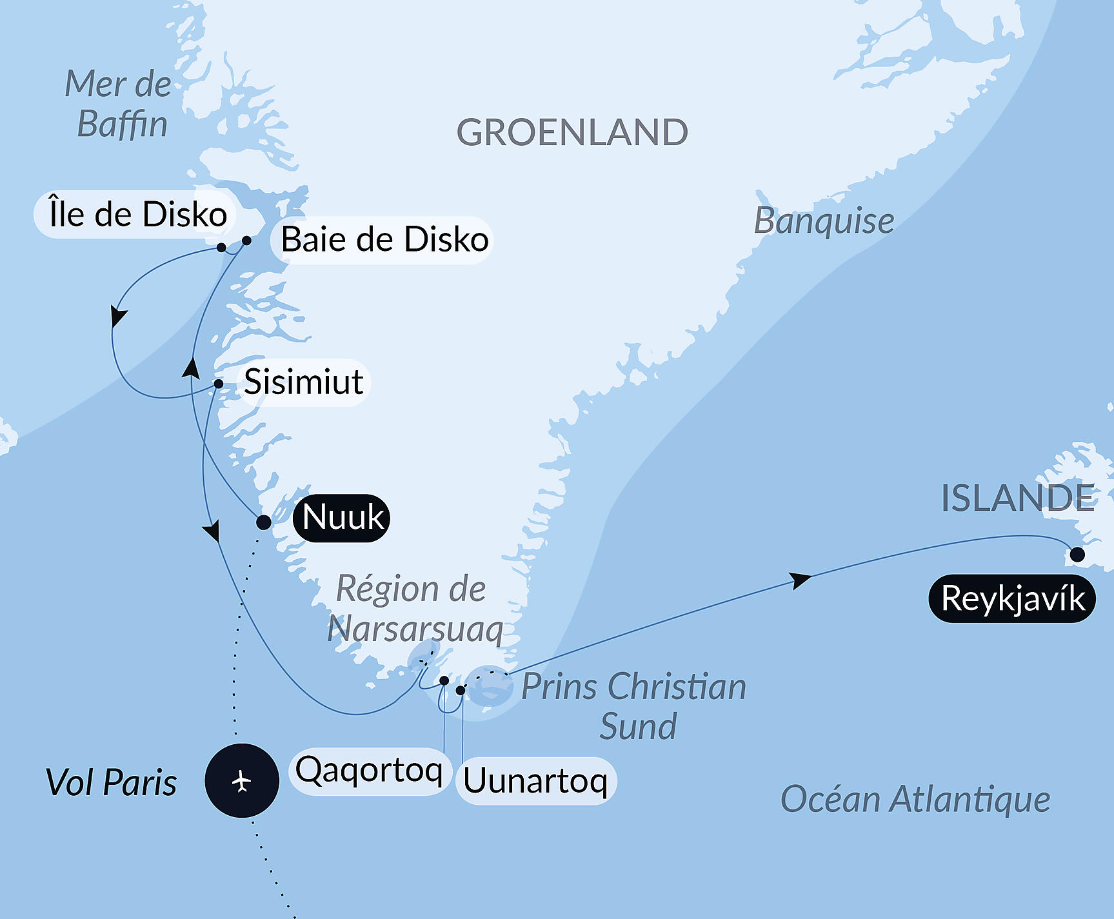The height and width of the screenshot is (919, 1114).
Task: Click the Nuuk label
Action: [341, 517]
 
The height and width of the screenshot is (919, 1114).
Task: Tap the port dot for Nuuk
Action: [263, 522]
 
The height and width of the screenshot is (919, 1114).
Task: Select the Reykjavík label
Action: [1011, 598]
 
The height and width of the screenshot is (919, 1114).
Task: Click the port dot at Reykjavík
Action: [1077, 554]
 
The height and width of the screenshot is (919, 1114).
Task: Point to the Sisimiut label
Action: [303, 382]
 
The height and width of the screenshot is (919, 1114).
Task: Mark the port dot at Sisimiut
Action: [219, 384]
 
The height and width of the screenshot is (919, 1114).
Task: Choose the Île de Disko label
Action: [137, 214]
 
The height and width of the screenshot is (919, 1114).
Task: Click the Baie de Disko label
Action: [384, 239]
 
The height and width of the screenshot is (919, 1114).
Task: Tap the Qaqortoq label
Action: [369, 770]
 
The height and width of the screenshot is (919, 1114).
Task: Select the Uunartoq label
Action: [535, 781]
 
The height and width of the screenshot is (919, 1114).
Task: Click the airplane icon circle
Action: [242, 780]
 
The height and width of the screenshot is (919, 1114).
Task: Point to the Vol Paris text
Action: [111, 783]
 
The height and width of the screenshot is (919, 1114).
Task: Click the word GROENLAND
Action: [572, 132]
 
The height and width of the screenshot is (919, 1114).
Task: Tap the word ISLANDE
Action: [1017, 498]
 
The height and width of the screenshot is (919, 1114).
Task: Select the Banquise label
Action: [824, 221]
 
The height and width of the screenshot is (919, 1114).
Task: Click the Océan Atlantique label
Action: [915, 800]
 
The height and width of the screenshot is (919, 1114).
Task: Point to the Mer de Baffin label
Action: [119, 104]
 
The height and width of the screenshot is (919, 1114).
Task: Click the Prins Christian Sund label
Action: [633, 706]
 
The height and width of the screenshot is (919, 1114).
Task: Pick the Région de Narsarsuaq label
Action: [413, 608]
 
